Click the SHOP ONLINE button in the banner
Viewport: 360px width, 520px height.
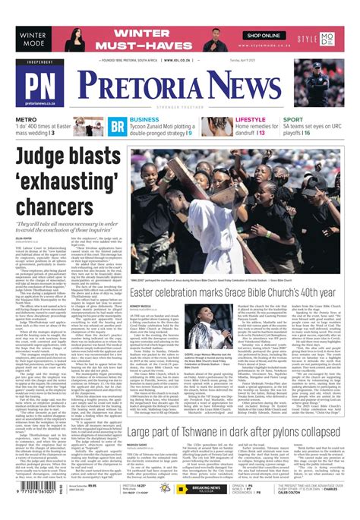click(x=264, y=36)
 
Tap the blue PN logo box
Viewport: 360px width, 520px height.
click(x=42, y=85)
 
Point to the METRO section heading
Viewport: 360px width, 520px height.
click(x=27, y=120)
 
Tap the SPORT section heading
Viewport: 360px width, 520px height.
click(x=293, y=120)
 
